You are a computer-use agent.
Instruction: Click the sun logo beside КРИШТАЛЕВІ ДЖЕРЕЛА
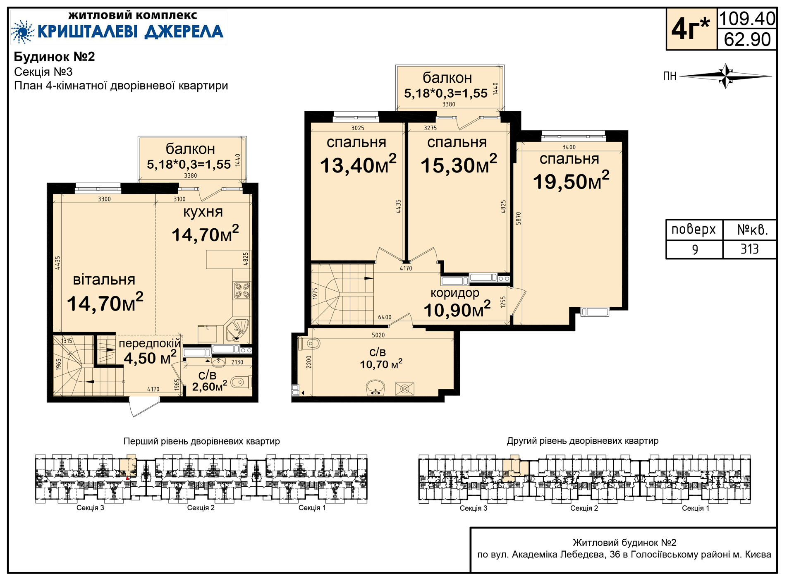(22, 31)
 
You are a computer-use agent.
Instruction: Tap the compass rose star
(726, 76)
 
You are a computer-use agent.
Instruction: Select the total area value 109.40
(747, 19)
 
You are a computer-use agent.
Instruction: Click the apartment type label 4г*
(691, 29)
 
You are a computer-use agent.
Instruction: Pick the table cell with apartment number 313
(749, 249)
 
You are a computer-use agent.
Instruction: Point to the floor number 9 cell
(695, 249)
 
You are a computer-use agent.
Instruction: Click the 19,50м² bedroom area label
(571, 181)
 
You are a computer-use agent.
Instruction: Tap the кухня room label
(203, 212)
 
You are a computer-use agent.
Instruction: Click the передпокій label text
(150, 343)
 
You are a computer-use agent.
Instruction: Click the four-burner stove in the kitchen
(242, 290)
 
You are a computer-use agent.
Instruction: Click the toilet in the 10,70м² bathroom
(309, 344)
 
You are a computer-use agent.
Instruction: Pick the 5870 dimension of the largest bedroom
(519, 218)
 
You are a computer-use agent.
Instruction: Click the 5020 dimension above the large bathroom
(378, 335)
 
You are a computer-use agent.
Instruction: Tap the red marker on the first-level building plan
(127, 478)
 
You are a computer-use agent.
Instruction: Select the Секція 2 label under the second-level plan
(584, 508)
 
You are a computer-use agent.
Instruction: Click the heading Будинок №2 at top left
(55, 57)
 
